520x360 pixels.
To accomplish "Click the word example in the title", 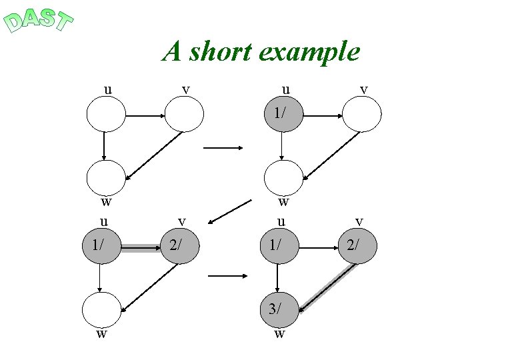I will pyautogui.click(x=311, y=52).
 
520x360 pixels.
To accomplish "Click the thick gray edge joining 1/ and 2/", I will pyautogui.click(x=141, y=248).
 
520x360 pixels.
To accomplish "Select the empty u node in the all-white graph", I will pyautogui.click(x=106, y=115).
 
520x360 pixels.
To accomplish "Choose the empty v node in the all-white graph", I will pyautogui.click(x=184, y=115).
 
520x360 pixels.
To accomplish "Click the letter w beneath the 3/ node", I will pyautogui.click(x=279, y=334).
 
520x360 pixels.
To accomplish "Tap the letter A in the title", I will pyautogui.click(x=173, y=51).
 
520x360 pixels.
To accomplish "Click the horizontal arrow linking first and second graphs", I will pyautogui.click(x=222, y=148).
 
